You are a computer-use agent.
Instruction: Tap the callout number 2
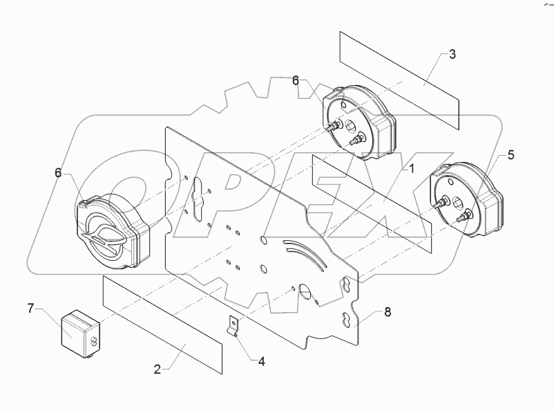tap(157, 369)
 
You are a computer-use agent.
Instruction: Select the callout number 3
tap(452, 55)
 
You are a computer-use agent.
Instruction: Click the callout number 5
tap(510, 156)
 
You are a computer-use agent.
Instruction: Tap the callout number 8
tap(388, 312)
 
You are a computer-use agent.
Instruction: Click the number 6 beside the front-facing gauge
tap(59, 172)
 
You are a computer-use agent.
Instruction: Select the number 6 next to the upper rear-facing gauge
tap(296, 81)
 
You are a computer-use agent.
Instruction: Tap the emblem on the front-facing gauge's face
tap(102, 236)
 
